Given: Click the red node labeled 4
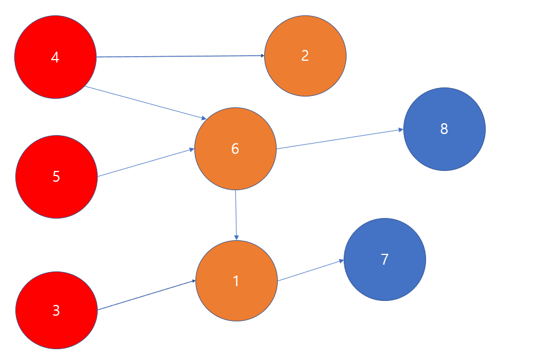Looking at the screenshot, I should (x=55, y=57).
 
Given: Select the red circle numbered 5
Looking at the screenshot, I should (x=56, y=177).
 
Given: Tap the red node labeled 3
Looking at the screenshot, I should (x=56, y=311).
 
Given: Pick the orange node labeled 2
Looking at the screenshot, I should (x=305, y=56).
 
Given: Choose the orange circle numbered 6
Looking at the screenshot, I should (x=235, y=149).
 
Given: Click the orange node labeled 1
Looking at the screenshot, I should (x=236, y=281).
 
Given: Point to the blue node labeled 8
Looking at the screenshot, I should (x=444, y=129).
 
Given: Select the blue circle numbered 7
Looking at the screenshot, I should (x=385, y=259).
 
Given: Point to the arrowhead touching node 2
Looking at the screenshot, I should (x=262, y=56).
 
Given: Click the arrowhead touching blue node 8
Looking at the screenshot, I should (x=400, y=130).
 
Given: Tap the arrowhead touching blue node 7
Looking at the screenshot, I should (x=341, y=261).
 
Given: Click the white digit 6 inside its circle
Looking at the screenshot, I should (x=235, y=149).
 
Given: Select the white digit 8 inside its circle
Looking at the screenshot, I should (x=444, y=129).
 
